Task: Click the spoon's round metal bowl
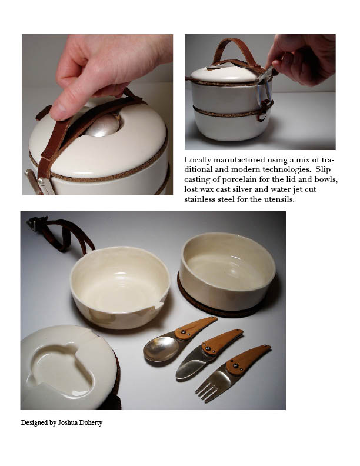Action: [161, 348]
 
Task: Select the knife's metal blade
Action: [191, 365]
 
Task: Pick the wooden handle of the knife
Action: [222, 342]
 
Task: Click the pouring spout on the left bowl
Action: [159, 305]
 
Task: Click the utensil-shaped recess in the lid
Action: [62, 370]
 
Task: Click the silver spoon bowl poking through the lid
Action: [104, 126]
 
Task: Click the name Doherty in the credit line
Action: [91, 422]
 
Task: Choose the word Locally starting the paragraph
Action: [198, 161]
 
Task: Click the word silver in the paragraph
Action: [243, 189]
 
